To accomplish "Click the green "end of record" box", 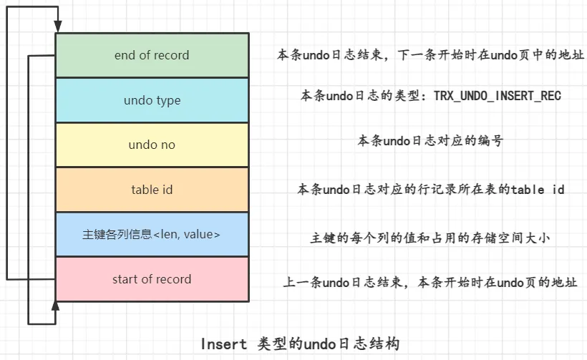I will pos(152,55).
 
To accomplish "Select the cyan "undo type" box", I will pos(152,100).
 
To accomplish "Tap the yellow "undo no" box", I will pos(152,145).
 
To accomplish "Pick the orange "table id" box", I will pos(152,190).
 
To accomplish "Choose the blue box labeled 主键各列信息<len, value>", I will pos(152,234).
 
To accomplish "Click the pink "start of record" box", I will pos(152,279).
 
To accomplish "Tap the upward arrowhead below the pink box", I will pos(55,306).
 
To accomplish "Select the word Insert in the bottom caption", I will pos(224,344).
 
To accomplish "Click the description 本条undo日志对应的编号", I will pos(430,141).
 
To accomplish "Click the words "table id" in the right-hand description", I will pos(538,190).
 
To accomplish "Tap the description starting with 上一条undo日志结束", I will pos(430,283).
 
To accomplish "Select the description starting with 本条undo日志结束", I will pos(430,55).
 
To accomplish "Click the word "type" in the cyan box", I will pos(168,101).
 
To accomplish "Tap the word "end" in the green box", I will pos(125,55).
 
